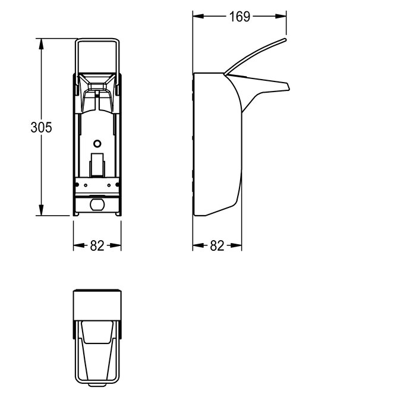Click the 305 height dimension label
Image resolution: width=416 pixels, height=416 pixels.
(41, 127)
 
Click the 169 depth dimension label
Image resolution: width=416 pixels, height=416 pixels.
(239, 17)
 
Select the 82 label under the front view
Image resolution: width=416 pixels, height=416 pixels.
(97, 245)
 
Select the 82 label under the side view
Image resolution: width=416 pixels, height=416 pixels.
(217, 245)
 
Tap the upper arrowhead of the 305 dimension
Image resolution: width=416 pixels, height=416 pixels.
(41, 44)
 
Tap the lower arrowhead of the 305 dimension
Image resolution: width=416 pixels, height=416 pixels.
(41, 210)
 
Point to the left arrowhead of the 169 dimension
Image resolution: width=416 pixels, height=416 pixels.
(198, 16)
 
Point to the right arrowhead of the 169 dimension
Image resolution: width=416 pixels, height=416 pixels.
(281, 16)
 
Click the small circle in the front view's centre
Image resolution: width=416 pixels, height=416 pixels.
(97, 144)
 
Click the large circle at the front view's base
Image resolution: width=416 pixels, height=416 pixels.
(97, 204)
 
